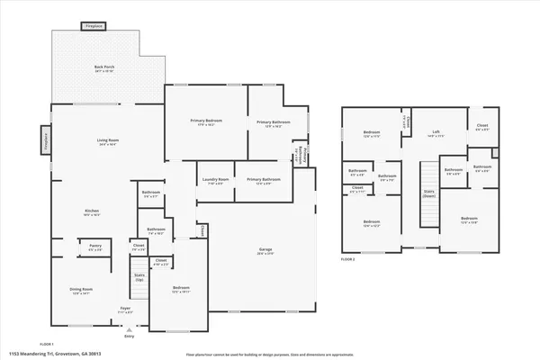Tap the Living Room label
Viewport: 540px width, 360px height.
[x=108, y=140]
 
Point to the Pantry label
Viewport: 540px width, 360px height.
[x=94, y=245]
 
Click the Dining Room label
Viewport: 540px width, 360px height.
[x=82, y=289]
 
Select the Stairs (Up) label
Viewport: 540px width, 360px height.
[x=139, y=276]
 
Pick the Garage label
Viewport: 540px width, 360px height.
[x=265, y=250]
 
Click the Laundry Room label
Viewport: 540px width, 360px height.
[x=216, y=179]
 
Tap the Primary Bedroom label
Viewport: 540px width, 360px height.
[x=206, y=121]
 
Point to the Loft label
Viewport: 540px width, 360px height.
[x=436, y=133]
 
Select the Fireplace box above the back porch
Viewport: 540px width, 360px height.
[x=94, y=27]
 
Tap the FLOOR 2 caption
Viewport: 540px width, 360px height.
[x=349, y=258]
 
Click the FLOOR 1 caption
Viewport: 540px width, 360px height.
[x=47, y=344]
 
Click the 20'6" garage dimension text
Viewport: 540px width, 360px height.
[x=265, y=255]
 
